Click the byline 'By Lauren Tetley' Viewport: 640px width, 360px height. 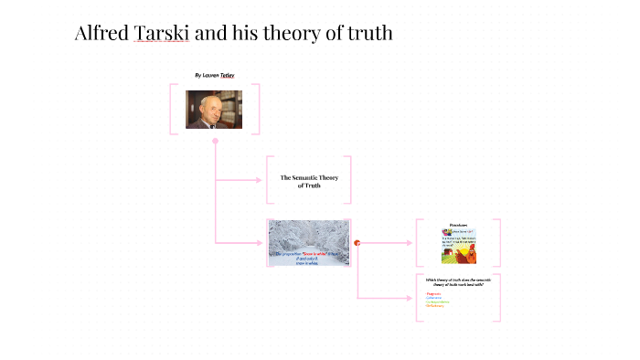214,75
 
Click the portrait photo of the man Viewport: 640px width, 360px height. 214,109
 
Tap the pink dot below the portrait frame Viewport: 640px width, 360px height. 215,141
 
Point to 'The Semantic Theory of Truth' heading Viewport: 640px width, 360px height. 309,181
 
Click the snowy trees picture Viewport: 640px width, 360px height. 309,242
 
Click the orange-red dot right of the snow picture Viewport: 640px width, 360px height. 357,242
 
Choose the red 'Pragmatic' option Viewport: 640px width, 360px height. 434,293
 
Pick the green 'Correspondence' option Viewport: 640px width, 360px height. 440,302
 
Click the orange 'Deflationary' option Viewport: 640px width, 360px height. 436,306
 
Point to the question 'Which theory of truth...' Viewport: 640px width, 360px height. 458,282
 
